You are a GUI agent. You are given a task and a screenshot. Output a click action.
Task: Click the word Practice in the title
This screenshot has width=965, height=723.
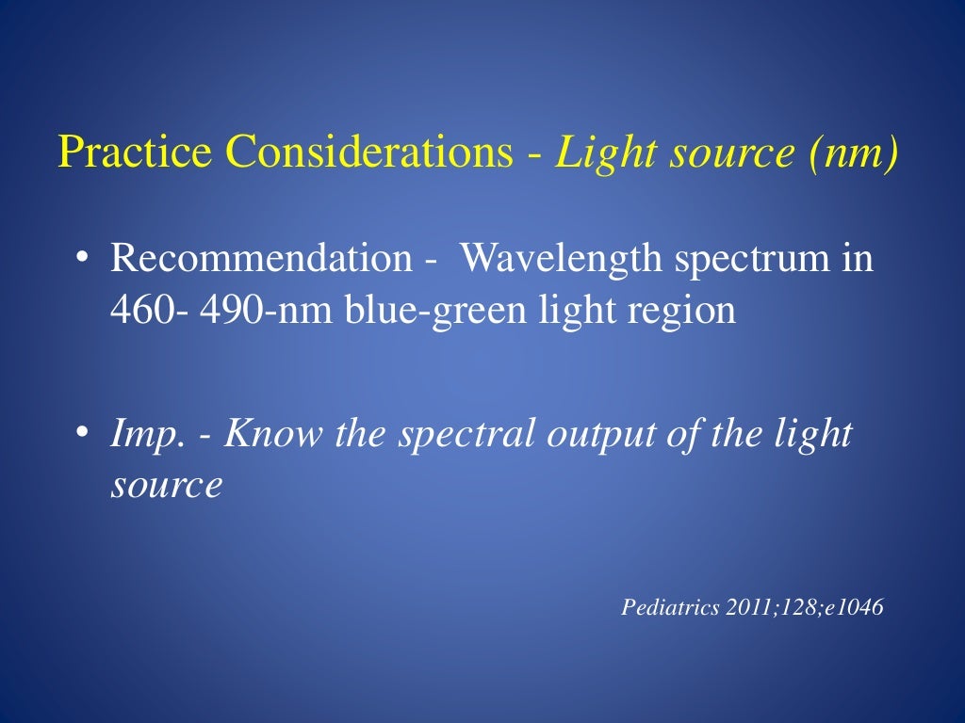tap(119, 152)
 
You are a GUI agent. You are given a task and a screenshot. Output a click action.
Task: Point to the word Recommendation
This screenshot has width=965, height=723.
tap(261, 257)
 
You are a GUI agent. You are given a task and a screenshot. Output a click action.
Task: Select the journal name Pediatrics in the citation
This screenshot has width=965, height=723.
tap(670, 608)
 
